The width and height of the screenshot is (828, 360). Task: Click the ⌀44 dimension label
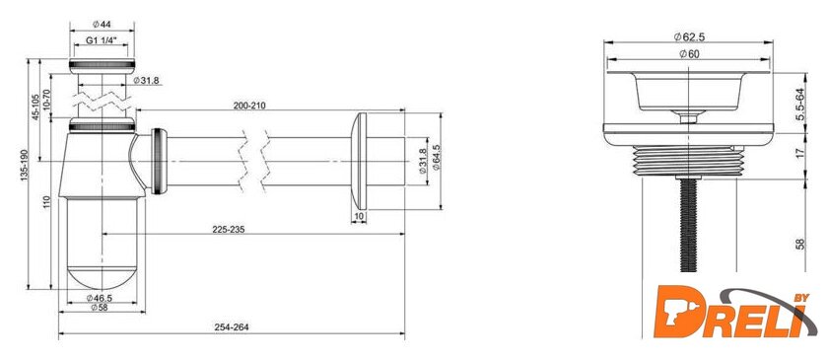click(102, 24)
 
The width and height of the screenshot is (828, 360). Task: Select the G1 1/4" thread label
click(101, 40)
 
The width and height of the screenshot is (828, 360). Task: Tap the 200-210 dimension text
click(249, 106)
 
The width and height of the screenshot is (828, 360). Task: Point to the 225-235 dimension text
click(228, 230)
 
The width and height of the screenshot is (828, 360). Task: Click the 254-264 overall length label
click(232, 327)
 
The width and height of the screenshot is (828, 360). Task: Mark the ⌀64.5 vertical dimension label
click(436, 157)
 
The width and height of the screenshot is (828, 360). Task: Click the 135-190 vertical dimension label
click(24, 164)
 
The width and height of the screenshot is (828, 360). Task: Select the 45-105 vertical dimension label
click(36, 108)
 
